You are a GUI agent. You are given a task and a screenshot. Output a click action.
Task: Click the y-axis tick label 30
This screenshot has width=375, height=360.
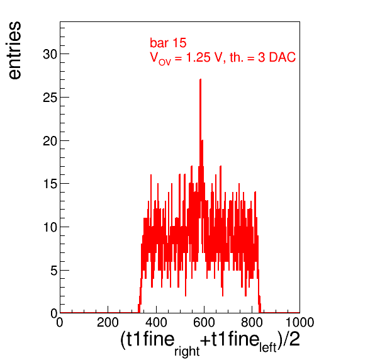tap(50, 54)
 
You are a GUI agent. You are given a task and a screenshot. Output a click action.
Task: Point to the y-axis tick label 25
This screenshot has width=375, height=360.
tap(50, 98)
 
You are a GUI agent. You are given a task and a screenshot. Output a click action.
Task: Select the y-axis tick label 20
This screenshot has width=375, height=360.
tap(50, 141)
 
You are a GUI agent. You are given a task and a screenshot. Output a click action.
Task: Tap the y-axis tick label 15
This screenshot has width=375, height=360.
tap(50, 184)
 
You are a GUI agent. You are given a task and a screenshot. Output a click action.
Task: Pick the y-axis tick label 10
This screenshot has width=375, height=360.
tap(50, 227)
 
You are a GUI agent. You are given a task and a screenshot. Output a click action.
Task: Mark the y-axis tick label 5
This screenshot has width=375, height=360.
tap(54, 271)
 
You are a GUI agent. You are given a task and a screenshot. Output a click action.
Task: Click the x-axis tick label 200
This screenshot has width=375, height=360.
tap(108, 322)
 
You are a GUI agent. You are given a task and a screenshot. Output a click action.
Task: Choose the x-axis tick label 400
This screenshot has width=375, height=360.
tap(156, 322)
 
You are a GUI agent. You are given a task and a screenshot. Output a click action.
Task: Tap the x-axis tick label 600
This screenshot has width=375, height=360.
tap(204, 322)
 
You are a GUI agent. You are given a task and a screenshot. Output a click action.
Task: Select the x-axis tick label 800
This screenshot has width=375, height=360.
tap(252, 322)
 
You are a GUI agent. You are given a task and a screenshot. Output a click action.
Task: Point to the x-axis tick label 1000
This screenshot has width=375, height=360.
tap(299, 322)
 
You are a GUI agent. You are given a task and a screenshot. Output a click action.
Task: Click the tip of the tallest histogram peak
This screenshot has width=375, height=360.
tap(201, 79)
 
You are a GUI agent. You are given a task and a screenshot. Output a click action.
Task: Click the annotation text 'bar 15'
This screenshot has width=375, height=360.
tap(168, 43)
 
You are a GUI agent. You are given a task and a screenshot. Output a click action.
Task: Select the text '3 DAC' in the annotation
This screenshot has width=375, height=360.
tap(277, 57)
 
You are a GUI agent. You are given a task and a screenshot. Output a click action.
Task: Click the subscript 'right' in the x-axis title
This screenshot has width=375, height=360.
tap(187, 351)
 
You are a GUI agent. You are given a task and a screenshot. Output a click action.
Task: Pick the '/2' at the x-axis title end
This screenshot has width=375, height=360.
tap(291, 339)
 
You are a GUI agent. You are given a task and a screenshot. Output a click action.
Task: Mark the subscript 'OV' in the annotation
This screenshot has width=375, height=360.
tap(165, 62)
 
